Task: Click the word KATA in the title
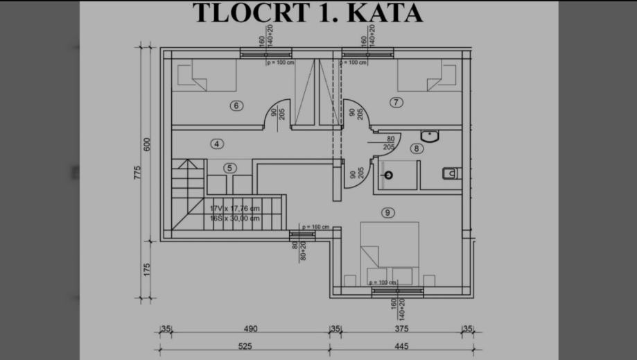tap(386, 13)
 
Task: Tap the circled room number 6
tap(236, 106)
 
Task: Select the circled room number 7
tap(396, 103)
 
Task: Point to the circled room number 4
tap(217, 144)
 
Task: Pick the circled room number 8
tap(416, 148)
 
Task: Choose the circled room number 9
tap(387, 212)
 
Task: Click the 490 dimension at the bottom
tap(250, 329)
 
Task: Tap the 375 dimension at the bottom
tap(401, 329)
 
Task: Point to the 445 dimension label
tap(401, 345)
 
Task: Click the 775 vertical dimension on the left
tap(138, 173)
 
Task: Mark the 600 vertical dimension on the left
tap(147, 145)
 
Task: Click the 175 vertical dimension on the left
tap(147, 271)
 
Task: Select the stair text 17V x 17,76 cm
tap(235, 207)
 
